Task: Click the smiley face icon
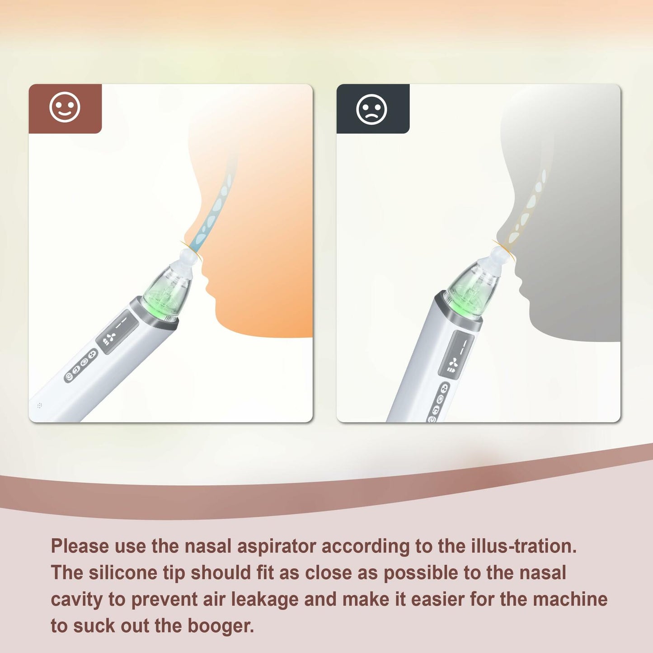tap(65, 108)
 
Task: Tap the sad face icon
tap(371, 109)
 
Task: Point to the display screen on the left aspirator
tap(117, 332)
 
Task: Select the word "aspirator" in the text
tap(276, 546)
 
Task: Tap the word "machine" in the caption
tap(570, 599)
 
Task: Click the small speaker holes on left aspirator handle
tap(40, 405)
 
